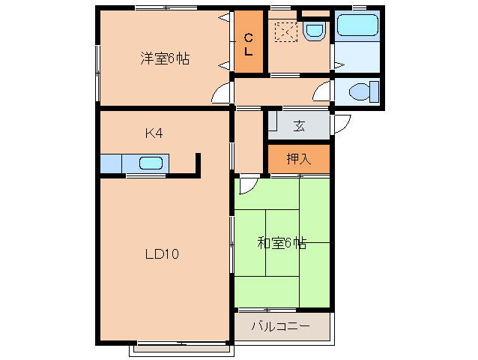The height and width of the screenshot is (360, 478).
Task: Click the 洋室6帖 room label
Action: click(x=163, y=58)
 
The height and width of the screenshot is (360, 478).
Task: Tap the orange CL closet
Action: click(x=248, y=43)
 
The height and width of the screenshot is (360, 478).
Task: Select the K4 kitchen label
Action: click(x=154, y=133)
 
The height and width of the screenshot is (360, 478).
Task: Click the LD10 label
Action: click(x=161, y=253)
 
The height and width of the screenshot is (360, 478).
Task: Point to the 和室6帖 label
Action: click(x=281, y=242)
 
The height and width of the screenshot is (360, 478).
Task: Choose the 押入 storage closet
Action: click(x=297, y=158)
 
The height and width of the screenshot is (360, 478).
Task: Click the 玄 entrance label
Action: click(x=299, y=126)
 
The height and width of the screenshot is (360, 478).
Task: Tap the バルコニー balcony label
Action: click(x=280, y=326)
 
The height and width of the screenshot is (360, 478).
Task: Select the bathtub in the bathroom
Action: click(x=357, y=25)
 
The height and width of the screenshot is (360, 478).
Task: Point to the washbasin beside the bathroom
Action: click(x=315, y=30)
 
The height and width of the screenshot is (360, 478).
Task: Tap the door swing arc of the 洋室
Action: click(x=220, y=94)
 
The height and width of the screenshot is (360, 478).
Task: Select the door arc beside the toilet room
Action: click(x=322, y=92)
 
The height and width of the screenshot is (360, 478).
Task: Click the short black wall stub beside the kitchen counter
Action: click(x=199, y=164)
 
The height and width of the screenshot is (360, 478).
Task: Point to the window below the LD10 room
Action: click(x=180, y=348)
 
